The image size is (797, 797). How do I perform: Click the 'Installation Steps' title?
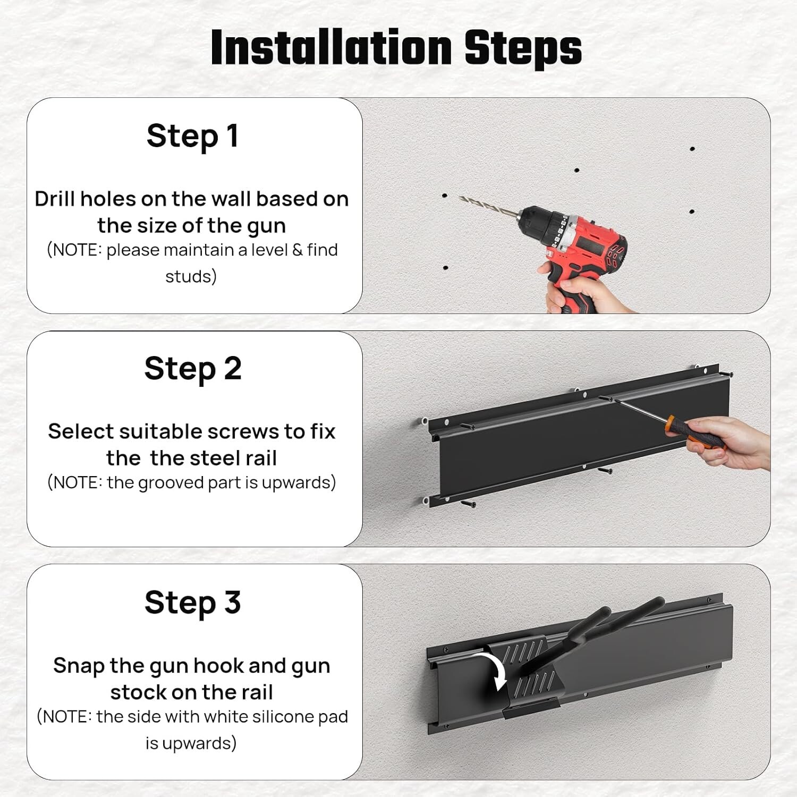pos(396,47)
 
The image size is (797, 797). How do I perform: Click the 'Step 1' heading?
pos(192,136)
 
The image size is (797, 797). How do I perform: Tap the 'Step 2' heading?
pos(193,369)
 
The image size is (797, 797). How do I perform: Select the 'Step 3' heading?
pos(193,603)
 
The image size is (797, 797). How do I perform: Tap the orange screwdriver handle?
pos(694,431)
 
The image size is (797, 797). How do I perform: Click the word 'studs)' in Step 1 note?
pos(191,276)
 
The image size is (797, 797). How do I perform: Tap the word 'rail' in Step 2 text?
pos(258,458)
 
